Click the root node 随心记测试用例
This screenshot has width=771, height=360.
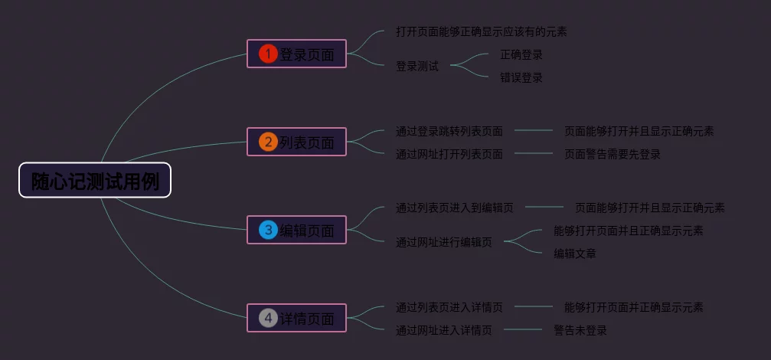click(95, 181)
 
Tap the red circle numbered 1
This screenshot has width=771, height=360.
click(267, 54)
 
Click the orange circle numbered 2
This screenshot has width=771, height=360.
click(267, 142)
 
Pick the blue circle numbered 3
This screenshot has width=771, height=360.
click(267, 230)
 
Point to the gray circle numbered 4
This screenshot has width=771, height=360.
click(267, 318)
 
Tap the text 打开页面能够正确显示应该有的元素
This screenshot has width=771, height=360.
click(481, 32)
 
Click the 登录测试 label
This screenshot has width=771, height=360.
click(417, 67)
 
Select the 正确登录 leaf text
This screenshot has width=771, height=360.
click(521, 55)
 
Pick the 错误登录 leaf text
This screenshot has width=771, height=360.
click(521, 78)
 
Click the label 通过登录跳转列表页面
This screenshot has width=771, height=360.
click(449, 132)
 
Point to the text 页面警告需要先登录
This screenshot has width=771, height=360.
click(613, 155)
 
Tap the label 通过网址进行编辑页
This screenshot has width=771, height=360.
click(444, 243)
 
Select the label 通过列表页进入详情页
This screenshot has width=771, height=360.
click(449, 308)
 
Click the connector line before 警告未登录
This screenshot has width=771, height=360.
click(523, 330)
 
